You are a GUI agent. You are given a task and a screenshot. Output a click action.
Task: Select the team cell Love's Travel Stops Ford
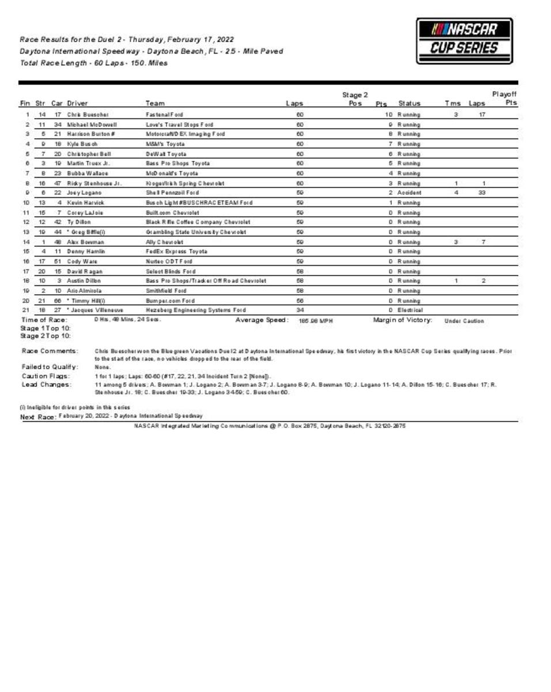click(x=179, y=125)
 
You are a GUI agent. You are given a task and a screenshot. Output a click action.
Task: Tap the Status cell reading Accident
click(x=409, y=193)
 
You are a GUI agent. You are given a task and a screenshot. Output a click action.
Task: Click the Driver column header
click(x=77, y=104)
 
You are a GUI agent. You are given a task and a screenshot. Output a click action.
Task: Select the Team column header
click(x=154, y=104)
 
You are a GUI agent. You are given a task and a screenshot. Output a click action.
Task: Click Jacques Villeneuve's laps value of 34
click(x=300, y=310)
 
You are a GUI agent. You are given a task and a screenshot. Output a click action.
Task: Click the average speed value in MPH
click(x=315, y=321)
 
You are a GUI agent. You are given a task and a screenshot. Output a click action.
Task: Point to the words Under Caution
click(x=464, y=321)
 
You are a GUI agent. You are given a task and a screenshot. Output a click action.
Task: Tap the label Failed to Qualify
click(x=50, y=367)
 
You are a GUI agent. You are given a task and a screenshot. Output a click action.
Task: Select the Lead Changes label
click(x=47, y=384)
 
